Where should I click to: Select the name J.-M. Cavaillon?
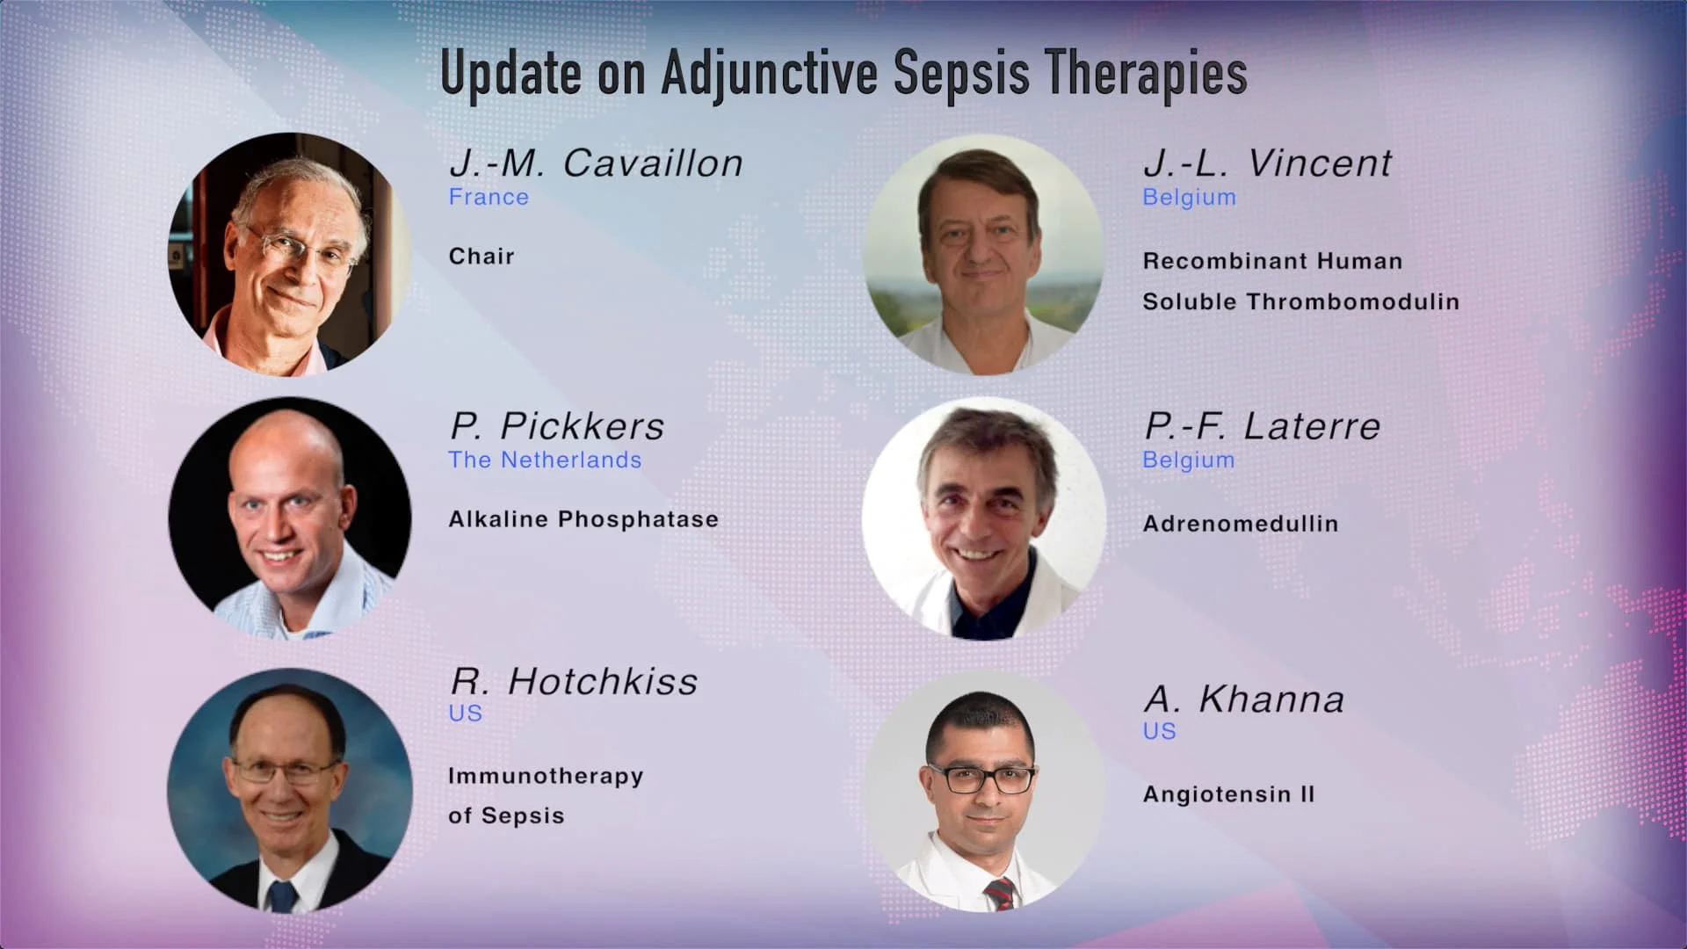pos(596,163)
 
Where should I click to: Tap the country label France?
pos(489,197)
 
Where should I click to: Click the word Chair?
pos(481,257)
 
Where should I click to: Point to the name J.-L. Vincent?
pos(1267,163)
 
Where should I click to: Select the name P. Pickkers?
pos(557,426)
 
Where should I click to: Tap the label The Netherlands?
pos(545,460)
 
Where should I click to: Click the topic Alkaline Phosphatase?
pos(583,519)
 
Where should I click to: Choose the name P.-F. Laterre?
pos(1262,426)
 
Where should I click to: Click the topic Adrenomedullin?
pos(1241,524)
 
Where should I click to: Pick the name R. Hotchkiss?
pos(574,682)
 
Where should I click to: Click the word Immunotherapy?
pos(546,777)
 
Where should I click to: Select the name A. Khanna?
pos(1244,699)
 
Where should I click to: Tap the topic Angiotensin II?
pos(1228,794)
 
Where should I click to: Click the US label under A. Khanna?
pos(1159,731)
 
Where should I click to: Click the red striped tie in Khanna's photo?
pos(999,894)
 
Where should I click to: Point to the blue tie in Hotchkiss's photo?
pos(281,896)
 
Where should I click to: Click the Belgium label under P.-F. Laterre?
pos(1188,460)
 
